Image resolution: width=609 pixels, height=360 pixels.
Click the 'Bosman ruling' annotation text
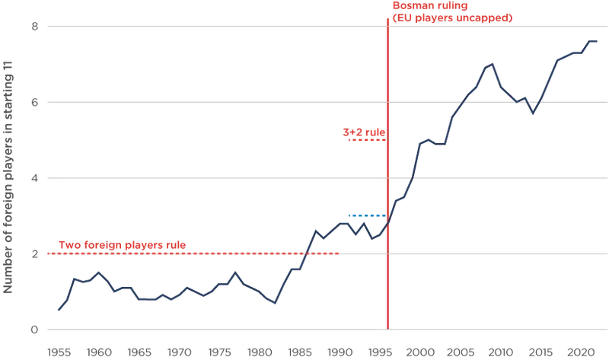pyautogui.click(x=430, y=7)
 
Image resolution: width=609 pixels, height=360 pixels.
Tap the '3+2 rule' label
pyautogui.click(x=365, y=132)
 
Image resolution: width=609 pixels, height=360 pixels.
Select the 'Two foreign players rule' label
pyautogui.click(x=122, y=245)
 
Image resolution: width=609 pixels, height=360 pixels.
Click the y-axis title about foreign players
pyautogui.click(x=10, y=179)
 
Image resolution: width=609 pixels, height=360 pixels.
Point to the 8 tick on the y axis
pyautogui.click(x=34, y=27)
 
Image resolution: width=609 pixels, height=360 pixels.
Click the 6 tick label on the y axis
pyautogui.click(x=34, y=103)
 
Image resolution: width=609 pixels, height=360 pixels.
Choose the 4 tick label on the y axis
pyautogui.click(x=34, y=178)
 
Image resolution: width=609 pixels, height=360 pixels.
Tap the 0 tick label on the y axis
pyautogui.click(x=34, y=330)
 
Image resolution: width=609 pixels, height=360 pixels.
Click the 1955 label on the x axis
pyautogui.click(x=59, y=352)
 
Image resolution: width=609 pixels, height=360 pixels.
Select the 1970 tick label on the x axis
pyautogui.click(x=180, y=352)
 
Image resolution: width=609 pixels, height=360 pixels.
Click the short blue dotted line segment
pyautogui.click(x=368, y=215)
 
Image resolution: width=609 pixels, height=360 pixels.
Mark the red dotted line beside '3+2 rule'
pyautogui.click(x=368, y=140)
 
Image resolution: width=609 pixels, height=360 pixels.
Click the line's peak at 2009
pyautogui.click(x=493, y=64)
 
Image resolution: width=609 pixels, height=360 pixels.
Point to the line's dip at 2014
pyautogui.click(x=533, y=113)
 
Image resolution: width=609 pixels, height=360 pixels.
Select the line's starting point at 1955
pyautogui.click(x=59, y=310)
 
